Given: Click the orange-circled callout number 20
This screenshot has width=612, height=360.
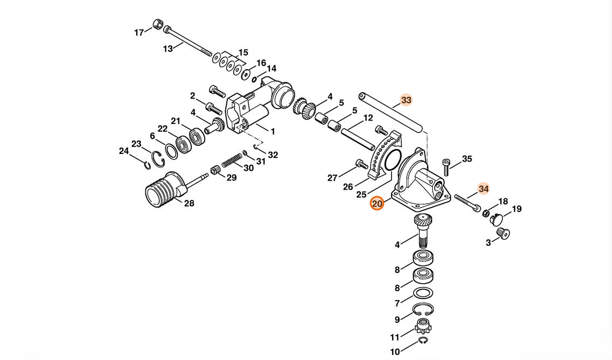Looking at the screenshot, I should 376,204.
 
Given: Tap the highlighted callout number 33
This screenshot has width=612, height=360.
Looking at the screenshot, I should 406,100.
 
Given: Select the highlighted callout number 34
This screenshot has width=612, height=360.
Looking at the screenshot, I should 483,189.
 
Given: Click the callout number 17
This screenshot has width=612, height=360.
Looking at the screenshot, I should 139,32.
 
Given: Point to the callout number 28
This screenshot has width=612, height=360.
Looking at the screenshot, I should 189,203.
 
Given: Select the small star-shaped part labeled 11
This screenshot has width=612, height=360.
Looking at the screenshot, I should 423,327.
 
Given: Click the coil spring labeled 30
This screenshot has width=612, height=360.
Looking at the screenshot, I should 232,161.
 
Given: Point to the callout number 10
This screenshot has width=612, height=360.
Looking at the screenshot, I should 395,352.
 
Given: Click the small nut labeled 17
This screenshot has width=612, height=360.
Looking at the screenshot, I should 158,24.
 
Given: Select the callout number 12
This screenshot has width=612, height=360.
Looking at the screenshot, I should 368,118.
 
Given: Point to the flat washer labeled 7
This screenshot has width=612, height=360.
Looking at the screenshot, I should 422,292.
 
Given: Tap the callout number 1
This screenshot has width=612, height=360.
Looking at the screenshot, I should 273,131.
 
